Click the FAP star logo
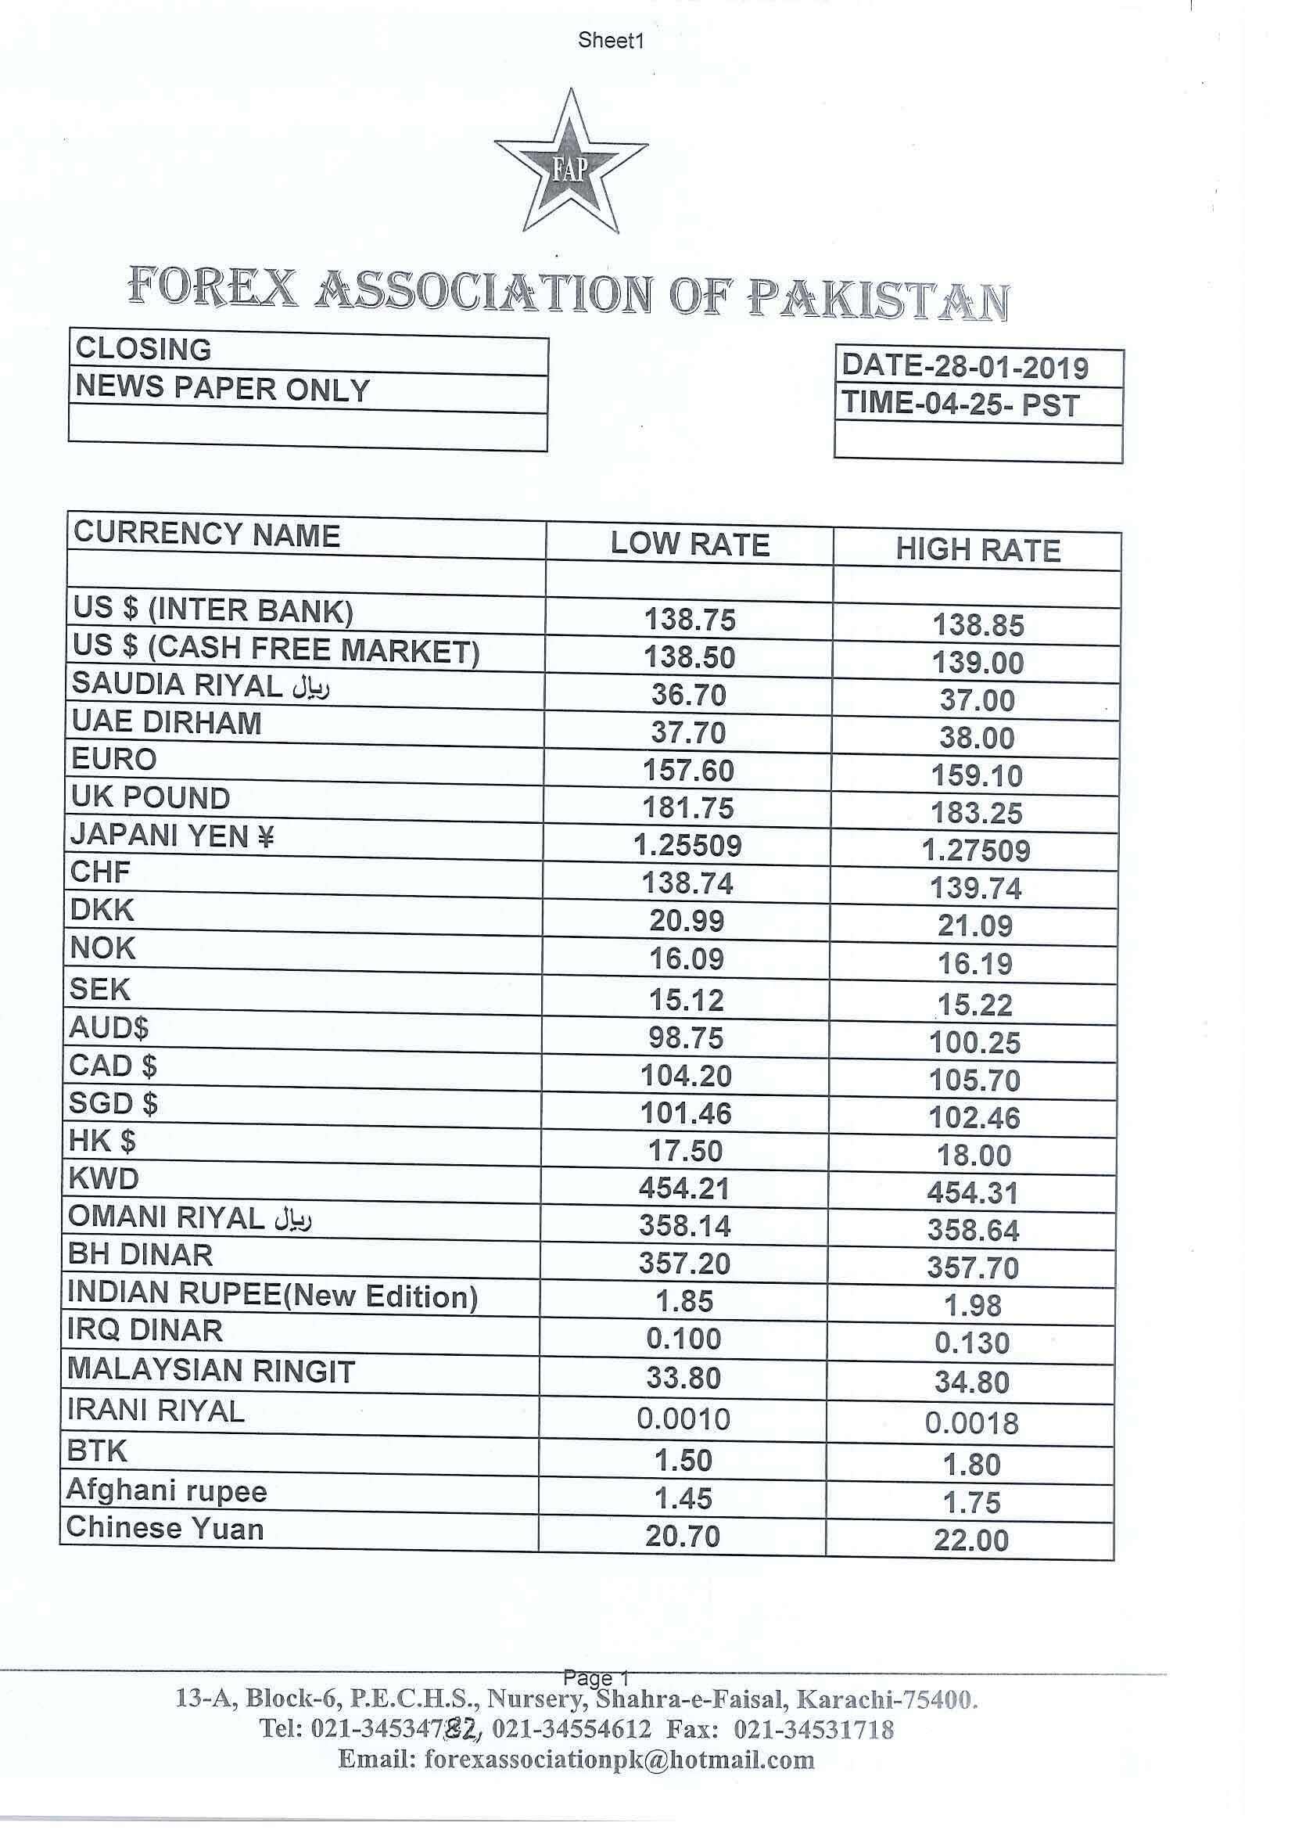click(571, 164)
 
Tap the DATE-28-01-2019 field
click(965, 367)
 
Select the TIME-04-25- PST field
click(960, 404)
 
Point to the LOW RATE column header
click(690, 545)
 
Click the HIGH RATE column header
click(978, 551)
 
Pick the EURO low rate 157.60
click(688, 771)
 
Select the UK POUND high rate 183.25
click(976, 813)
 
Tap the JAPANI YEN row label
click(172, 836)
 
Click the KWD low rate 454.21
click(684, 1188)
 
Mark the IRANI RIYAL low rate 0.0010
click(683, 1419)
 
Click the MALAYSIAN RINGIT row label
click(210, 1372)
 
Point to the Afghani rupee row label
click(167, 1490)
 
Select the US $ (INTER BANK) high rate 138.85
click(978, 625)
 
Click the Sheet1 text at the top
click(611, 41)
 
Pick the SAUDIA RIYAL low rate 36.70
click(689, 696)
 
